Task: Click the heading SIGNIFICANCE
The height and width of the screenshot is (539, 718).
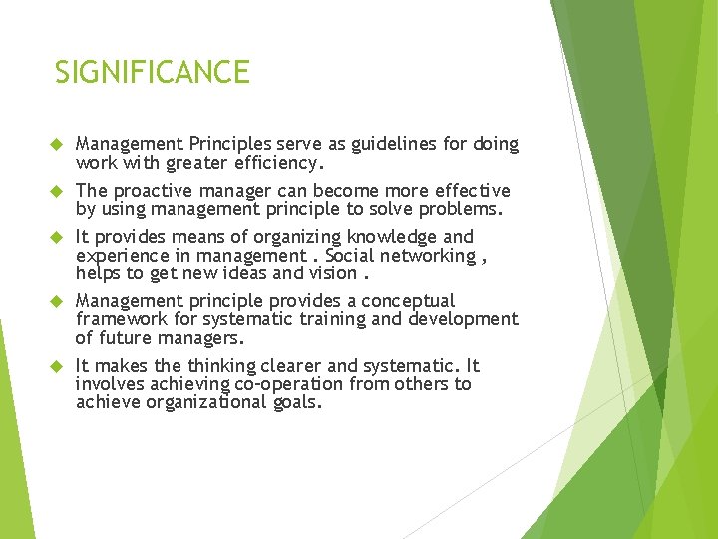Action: click(x=152, y=72)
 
